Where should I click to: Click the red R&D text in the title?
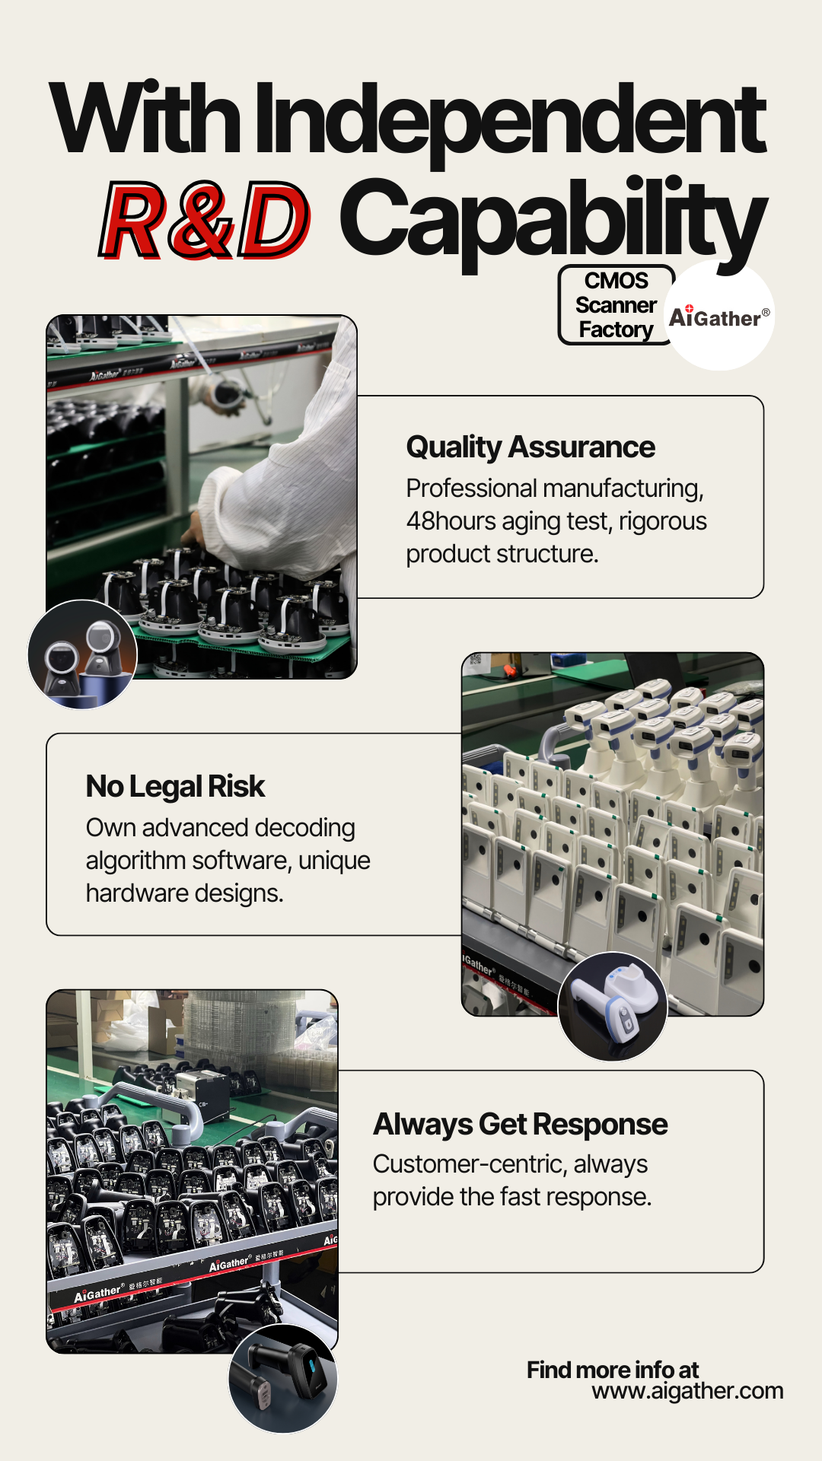(205, 220)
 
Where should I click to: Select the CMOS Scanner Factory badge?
(616, 304)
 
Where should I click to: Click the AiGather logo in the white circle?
(719, 316)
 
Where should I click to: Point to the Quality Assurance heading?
(530, 447)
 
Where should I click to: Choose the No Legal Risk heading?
(175, 787)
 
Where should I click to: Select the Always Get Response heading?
(521, 1125)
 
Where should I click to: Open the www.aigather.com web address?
(687, 1391)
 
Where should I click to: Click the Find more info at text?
(613, 1370)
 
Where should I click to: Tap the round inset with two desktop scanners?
(82, 654)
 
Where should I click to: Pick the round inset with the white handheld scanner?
(613, 1006)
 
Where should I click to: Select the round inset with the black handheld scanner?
(283, 1379)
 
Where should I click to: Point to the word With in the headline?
(145, 118)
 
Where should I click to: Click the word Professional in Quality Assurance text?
(472, 489)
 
